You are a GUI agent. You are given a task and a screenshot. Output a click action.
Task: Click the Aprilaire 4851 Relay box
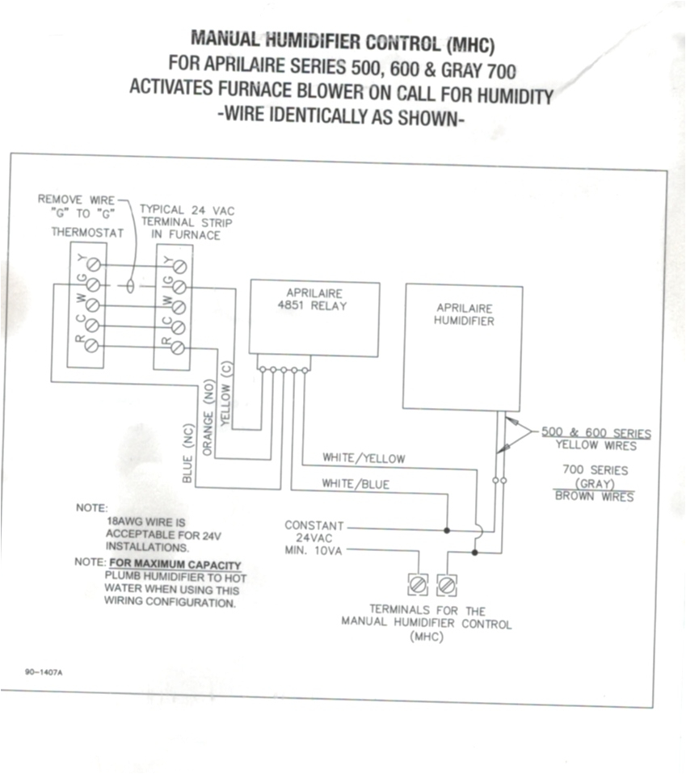pos(314,318)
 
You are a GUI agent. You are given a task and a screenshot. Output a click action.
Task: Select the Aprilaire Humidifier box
pos(463,346)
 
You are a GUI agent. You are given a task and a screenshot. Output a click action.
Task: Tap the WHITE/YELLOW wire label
pos(364,458)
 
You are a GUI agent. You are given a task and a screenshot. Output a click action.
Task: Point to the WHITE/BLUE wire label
pos(356,484)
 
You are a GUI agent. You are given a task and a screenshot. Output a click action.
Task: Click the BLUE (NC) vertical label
pos(187,454)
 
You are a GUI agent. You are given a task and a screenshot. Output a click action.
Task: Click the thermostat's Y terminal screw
pos(93,265)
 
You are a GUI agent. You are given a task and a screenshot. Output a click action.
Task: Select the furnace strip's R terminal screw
pos(179,347)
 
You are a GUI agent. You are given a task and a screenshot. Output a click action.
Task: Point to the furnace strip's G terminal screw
pos(179,286)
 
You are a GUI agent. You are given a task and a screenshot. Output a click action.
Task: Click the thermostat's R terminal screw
pos(93,346)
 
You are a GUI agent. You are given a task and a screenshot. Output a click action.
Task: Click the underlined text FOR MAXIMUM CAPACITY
pos(175,564)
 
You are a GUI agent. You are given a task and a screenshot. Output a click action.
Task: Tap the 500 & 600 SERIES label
pos(596,433)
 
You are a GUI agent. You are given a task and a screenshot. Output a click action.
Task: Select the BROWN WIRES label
pos(594,496)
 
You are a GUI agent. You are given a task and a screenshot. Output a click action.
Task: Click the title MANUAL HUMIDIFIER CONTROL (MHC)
pos(342,39)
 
